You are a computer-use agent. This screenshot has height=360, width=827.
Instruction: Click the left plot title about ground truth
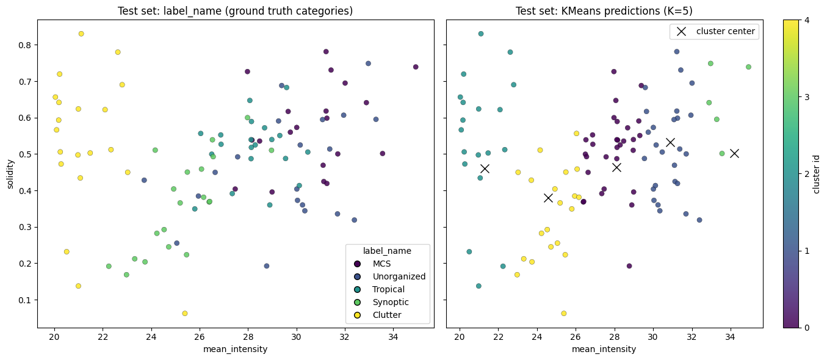[236, 11]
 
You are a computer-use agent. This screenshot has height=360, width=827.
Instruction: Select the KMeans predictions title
[604, 11]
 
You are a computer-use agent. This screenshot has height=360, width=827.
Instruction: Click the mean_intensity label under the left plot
[236, 349]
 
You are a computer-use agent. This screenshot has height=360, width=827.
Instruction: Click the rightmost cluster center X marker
[734, 153]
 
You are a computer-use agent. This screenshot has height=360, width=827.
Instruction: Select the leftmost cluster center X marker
[485, 168]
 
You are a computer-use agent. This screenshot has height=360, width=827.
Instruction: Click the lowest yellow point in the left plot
[185, 313]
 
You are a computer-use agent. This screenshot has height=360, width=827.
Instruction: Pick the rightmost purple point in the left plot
[416, 67]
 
